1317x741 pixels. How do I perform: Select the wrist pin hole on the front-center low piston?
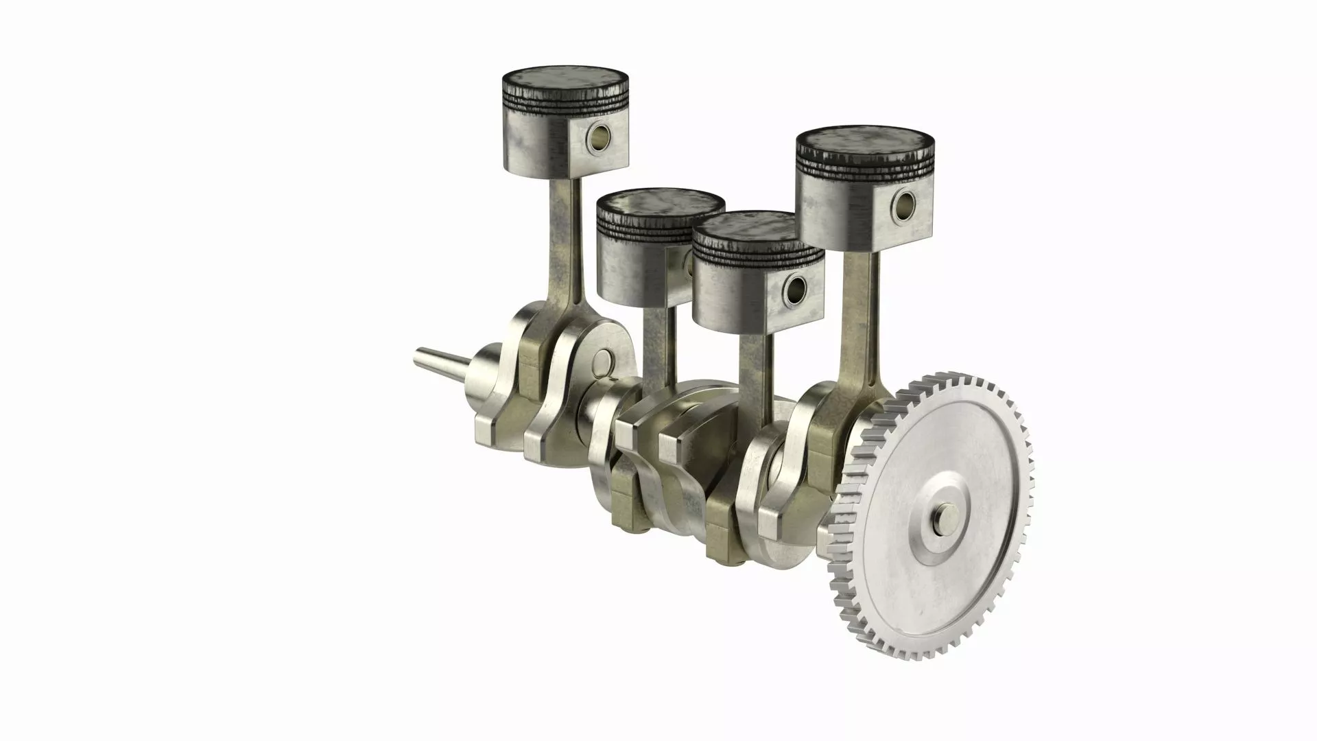(796, 291)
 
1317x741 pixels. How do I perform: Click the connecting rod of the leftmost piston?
(569, 240)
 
